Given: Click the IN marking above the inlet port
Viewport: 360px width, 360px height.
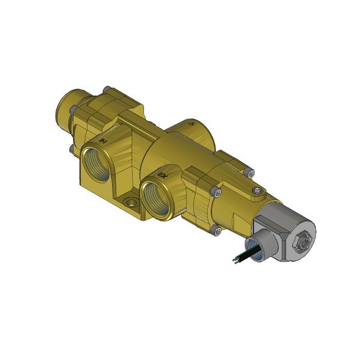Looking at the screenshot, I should pos(103,140).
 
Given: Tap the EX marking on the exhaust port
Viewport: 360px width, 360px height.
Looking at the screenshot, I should pos(163,175).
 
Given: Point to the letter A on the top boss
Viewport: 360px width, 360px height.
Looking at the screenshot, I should pos(192,124).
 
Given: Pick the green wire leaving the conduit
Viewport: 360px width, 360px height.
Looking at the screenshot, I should pos(242,254).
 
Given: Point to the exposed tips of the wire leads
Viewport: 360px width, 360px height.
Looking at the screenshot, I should pos(235,261).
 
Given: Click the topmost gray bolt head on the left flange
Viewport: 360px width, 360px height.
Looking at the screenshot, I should pos(106,89).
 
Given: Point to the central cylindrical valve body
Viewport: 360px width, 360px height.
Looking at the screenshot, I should pos(170,154).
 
